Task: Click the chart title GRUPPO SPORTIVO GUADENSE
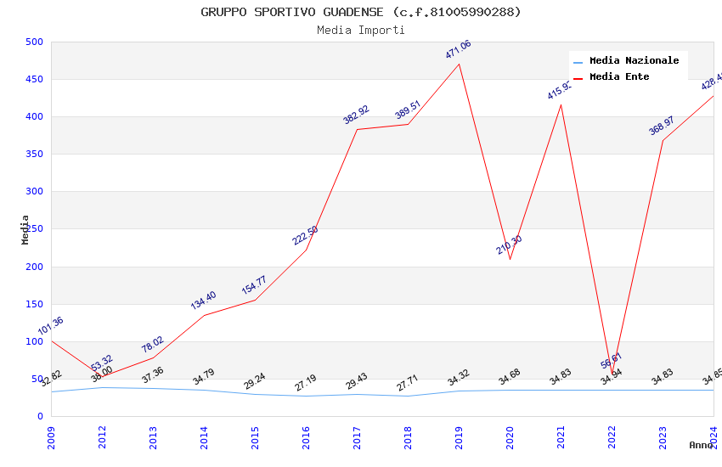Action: pyautogui.click(x=361, y=12)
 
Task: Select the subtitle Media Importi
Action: pyautogui.click(x=361, y=30)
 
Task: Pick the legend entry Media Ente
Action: pyautogui.click(x=619, y=76)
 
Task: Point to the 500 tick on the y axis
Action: pyautogui.click(x=35, y=42)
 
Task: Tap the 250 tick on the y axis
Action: pyautogui.click(x=35, y=229)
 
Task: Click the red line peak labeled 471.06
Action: pyautogui.click(x=459, y=64)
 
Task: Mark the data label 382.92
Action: pyautogui.click(x=357, y=115)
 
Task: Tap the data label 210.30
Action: pyautogui.click(x=510, y=245)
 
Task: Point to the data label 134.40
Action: pyautogui.click(x=204, y=300)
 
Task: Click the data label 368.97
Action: pyautogui.click(x=662, y=126)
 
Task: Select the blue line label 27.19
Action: pyautogui.click(x=306, y=383)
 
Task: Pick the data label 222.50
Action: pyautogui.click(x=306, y=235)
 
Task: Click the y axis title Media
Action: pyautogui.click(x=25, y=229)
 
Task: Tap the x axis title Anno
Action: pyautogui.click(x=701, y=445)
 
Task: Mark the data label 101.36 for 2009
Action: pyautogui.click(x=51, y=326)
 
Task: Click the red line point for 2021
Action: pyautogui.click(x=561, y=104)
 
